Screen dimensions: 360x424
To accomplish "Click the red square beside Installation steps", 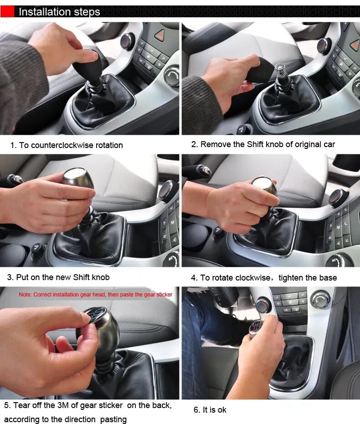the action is click(7, 12).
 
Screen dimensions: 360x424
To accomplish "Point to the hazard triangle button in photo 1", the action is click(160, 35).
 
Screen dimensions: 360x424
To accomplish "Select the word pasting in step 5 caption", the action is click(113, 419).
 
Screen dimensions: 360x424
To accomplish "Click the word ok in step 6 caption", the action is click(222, 410).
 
